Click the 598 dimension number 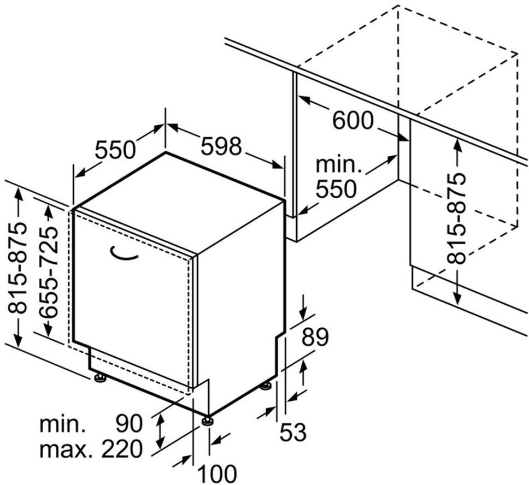coord(221,146)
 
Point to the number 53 coord(293,433)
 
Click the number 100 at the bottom coord(216,473)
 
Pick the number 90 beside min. coord(129,423)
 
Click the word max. coord(64,449)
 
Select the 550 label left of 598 coord(115,150)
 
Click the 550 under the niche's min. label coord(336,189)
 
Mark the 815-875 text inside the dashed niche coord(457,218)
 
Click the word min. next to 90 coord(62,423)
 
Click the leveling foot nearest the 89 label coord(266,386)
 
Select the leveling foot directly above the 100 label coord(208,421)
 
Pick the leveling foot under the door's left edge coord(100,377)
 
